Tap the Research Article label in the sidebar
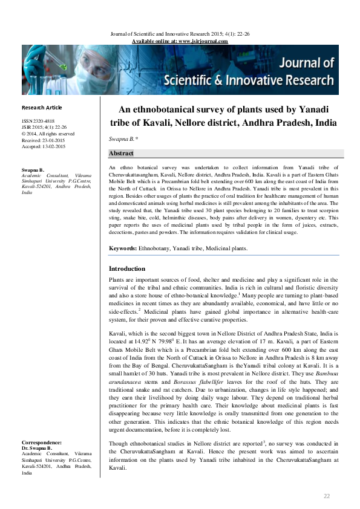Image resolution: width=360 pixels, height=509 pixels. [x=42, y=107]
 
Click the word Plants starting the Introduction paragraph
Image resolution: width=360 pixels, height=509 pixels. [x=118, y=280]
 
